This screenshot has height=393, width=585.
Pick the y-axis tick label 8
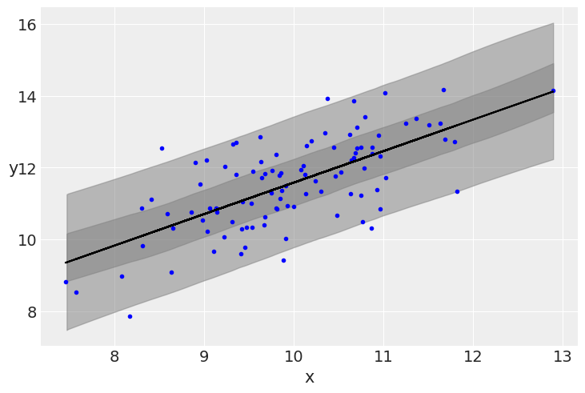coord(27,312)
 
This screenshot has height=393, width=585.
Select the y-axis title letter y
coord(13,169)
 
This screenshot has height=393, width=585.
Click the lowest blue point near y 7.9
coord(130,316)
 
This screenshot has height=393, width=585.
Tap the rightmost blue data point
coord(553,90)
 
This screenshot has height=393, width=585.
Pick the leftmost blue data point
coord(66,282)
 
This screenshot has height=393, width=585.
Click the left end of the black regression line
coord(66,263)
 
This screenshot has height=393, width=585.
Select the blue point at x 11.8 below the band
coord(457,191)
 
